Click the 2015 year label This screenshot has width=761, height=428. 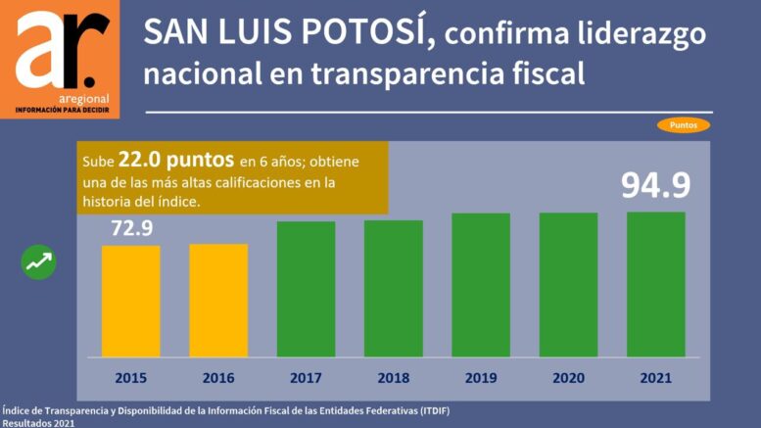coord(130,377)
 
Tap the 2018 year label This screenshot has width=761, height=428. coord(394,377)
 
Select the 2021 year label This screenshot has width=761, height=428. coord(656,377)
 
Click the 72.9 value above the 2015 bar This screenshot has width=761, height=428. coord(130,229)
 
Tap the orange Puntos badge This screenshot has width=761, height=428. coord(683,125)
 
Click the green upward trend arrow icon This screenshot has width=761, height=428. coord(40,262)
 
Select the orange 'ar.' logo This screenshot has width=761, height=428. coord(60,59)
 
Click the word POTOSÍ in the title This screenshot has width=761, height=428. coord(361,32)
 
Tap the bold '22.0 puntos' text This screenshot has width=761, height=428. coord(175,160)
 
